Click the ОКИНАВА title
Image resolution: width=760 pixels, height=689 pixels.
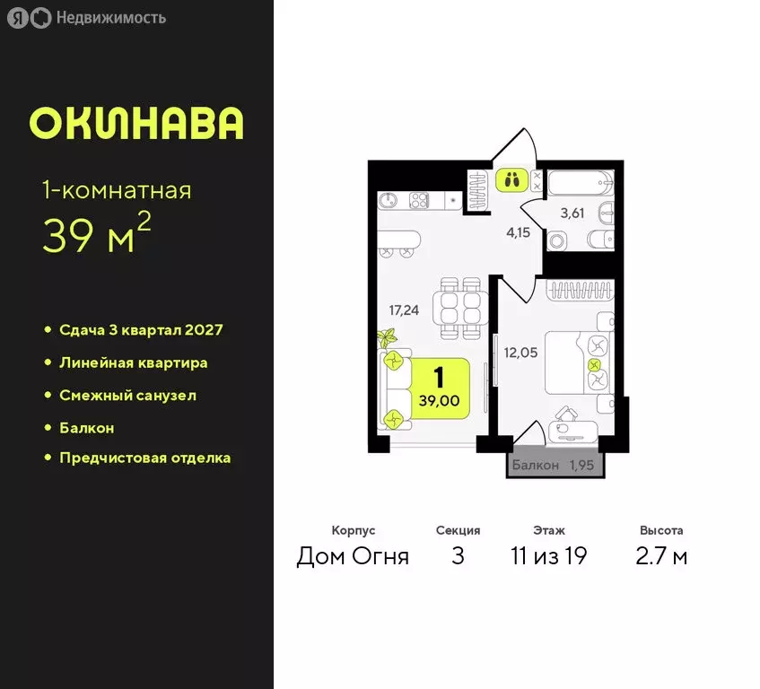pyautogui.click(x=136, y=123)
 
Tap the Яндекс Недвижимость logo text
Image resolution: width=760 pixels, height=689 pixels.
pyautogui.click(x=109, y=17)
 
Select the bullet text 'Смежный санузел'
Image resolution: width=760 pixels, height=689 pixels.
pyautogui.click(x=127, y=395)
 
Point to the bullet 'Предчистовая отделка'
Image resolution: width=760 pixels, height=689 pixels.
pyautogui.click(x=144, y=458)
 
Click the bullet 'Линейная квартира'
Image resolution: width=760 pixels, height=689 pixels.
pyautogui.click(x=133, y=362)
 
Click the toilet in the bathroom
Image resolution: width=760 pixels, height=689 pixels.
pyautogui.click(x=560, y=240)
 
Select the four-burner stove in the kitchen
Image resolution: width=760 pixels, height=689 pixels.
pyautogui.click(x=420, y=199)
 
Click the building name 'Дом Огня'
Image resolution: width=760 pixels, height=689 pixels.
pyautogui.click(x=353, y=556)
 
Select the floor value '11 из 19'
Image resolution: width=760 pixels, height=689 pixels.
pyautogui.click(x=547, y=556)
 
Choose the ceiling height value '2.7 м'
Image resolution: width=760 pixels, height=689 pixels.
pyautogui.click(x=661, y=556)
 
